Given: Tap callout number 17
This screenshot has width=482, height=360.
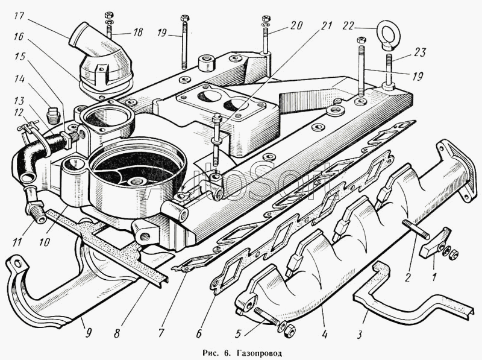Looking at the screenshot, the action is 19,16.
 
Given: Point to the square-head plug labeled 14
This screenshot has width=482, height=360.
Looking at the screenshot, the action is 53,113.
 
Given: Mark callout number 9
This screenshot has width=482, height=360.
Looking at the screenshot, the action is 88,333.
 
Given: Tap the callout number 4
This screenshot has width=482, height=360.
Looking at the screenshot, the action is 325,333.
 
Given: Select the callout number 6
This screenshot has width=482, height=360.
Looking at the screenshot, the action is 199,333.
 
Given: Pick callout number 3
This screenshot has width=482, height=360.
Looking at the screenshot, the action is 360,334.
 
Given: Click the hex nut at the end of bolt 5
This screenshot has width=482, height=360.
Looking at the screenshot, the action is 290,331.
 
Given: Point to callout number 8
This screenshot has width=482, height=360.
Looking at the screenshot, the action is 117,333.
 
